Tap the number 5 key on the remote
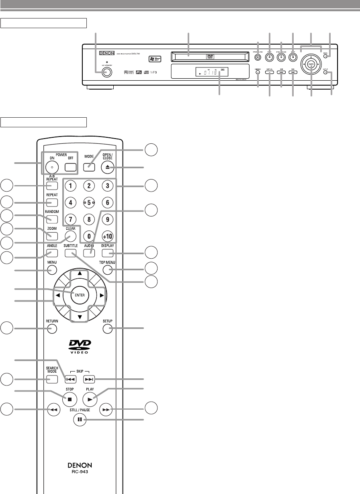click(x=89, y=203)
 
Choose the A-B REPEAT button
click(x=52, y=186)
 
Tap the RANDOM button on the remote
click(x=52, y=219)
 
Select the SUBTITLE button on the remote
click(x=70, y=253)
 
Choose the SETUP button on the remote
click(x=107, y=329)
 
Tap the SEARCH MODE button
click(x=52, y=379)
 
